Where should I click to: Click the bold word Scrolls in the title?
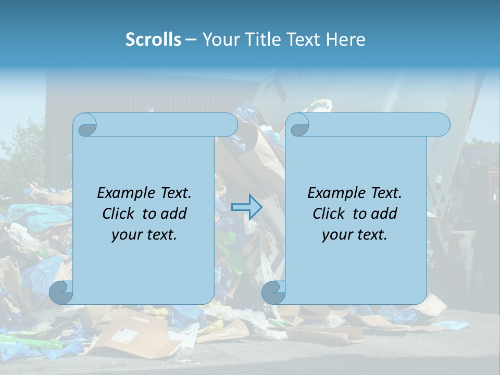[x=153, y=40]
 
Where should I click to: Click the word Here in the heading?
[x=345, y=40]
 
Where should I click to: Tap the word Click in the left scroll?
[x=120, y=214]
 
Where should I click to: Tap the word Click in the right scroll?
[x=330, y=214]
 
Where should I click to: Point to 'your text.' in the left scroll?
[x=144, y=235]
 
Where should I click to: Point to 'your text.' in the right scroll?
[x=355, y=235]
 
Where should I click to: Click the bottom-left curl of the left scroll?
[x=61, y=292]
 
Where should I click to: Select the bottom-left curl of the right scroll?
[x=273, y=292]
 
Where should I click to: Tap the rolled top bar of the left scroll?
[x=167, y=124]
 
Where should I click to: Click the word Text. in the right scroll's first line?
[x=382, y=193]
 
